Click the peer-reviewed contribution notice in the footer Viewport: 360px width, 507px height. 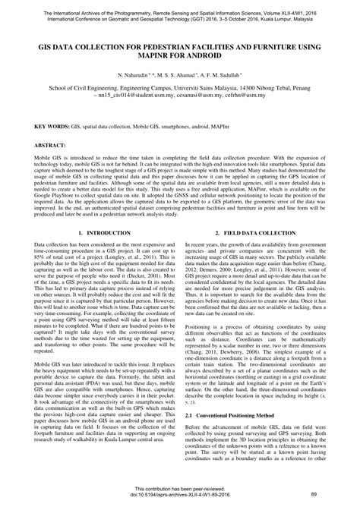[180, 488]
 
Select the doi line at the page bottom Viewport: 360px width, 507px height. [180, 494]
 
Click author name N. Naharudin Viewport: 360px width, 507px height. [135, 77]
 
